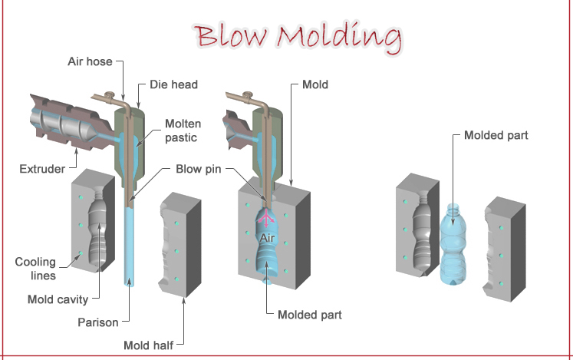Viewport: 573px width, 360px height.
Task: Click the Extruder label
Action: coord(42,168)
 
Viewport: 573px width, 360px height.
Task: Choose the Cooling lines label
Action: coord(35,268)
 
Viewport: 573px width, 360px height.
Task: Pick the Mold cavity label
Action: coord(58,299)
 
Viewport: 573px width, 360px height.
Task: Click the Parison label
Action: coord(98,322)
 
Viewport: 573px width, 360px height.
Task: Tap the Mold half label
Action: coord(149,345)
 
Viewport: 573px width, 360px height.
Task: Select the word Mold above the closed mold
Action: coord(315,84)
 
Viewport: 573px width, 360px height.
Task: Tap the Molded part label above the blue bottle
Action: coord(496,136)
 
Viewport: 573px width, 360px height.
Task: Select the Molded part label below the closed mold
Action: coord(309,315)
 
